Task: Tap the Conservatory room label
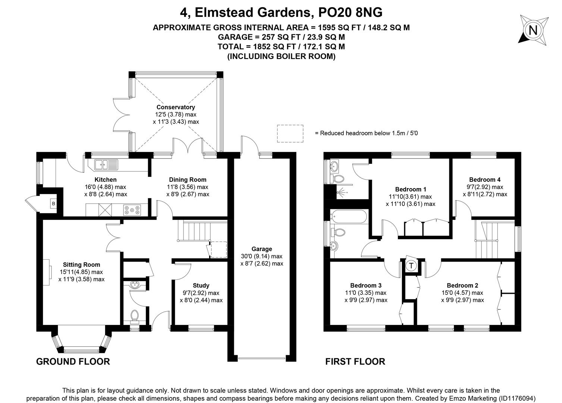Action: pyautogui.click(x=176, y=107)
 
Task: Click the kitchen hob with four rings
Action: pyautogui.click(x=132, y=210)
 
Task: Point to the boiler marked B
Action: pyautogui.click(x=53, y=204)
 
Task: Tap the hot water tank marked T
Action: pyautogui.click(x=411, y=265)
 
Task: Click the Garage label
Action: pyautogui.click(x=262, y=249)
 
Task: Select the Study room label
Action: pyautogui.click(x=201, y=285)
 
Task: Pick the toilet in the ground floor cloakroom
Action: pyautogui.click(x=135, y=316)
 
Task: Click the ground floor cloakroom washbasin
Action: pyautogui.click(x=135, y=285)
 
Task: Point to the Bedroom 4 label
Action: pyautogui.click(x=485, y=179)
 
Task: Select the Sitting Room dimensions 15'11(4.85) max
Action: pyautogui.click(x=81, y=272)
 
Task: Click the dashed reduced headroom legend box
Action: pyautogui.click(x=290, y=134)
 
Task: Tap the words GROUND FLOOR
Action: pyautogui.click(x=73, y=362)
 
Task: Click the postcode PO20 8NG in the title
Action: pyautogui.click(x=350, y=13)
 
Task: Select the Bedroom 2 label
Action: pyautogui.click(x=462, y=285)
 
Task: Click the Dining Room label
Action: pyautogui.click(x=188, y=179)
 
